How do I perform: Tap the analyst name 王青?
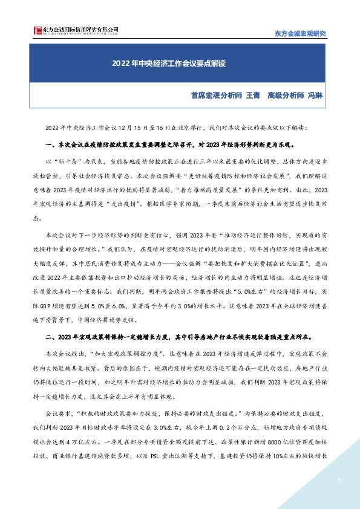[x=252, y=96]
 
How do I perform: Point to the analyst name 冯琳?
[x=315, y=96]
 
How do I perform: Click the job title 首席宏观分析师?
[x=216, y=96]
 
